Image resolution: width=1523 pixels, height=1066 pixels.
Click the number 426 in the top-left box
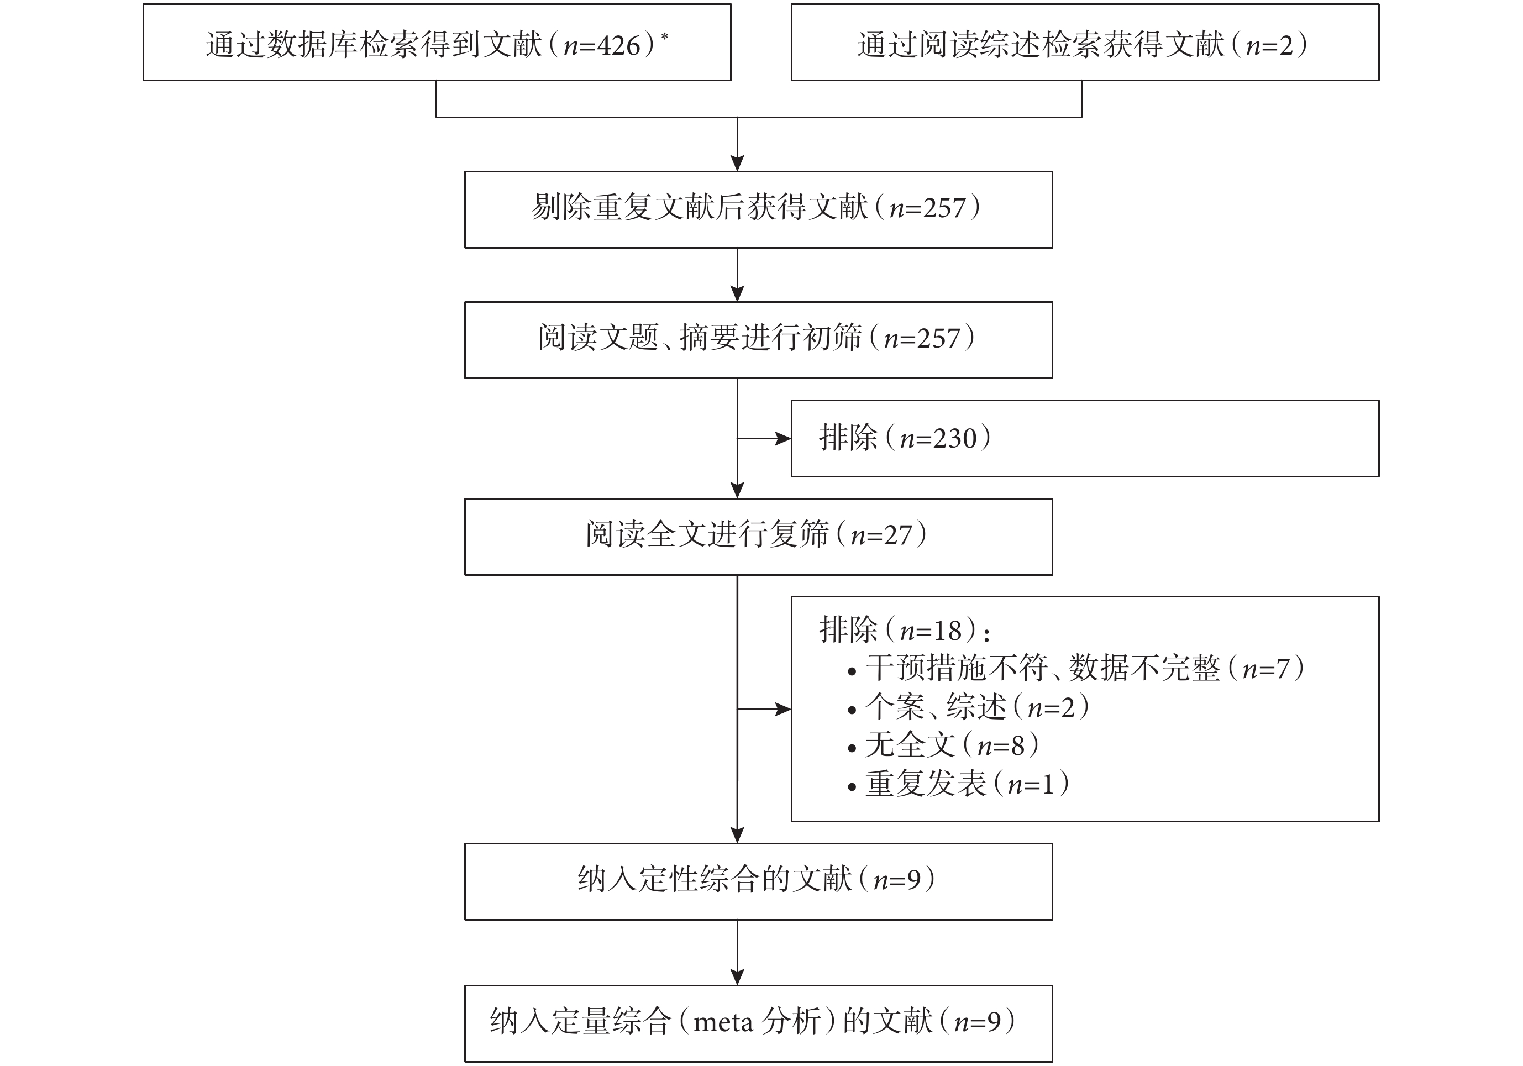click(x=618, y=45)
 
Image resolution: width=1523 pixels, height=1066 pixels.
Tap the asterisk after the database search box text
click(x=665, y=36)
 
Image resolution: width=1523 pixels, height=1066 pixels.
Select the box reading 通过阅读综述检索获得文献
click(x=1085, y=43)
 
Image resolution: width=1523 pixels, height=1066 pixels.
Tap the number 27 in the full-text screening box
click(x=898, y=535)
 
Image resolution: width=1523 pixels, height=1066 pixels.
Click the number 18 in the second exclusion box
click(x=947, y=630)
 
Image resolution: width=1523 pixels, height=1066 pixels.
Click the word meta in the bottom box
click(x=722, y=1022)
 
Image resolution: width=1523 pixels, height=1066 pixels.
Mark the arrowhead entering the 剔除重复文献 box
click(x=737, y=163)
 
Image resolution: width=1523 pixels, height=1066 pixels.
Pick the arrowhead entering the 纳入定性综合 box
click(x=737, y=834)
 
